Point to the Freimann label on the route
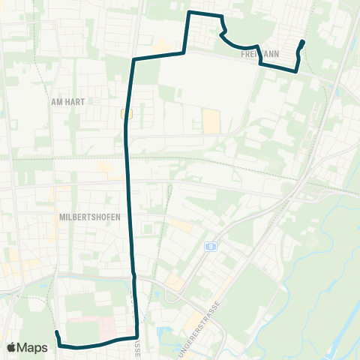(x=260, y=55)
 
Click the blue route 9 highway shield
(x=211, y=246)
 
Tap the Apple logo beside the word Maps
(x=12, y=347)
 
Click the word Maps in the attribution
(x=34, y=347)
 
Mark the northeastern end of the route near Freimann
(x=302, y=41)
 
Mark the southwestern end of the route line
(x=56, y=331)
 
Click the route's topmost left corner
(x=188, y=13)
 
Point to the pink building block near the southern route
(x=106, y=327)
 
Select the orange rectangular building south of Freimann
(x=212, y=120)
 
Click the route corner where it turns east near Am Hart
(x=133, y=59)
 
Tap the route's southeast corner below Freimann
(x=297, y=70)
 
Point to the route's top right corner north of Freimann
(x=221, y=16)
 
